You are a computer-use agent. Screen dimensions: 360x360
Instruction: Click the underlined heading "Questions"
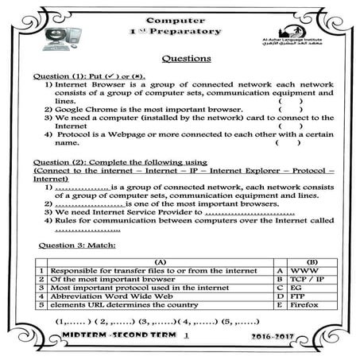pyautogui.click(x=186, y=58)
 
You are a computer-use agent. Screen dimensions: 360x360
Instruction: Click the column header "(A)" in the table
pyautogui.click(x=159, y=261)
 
